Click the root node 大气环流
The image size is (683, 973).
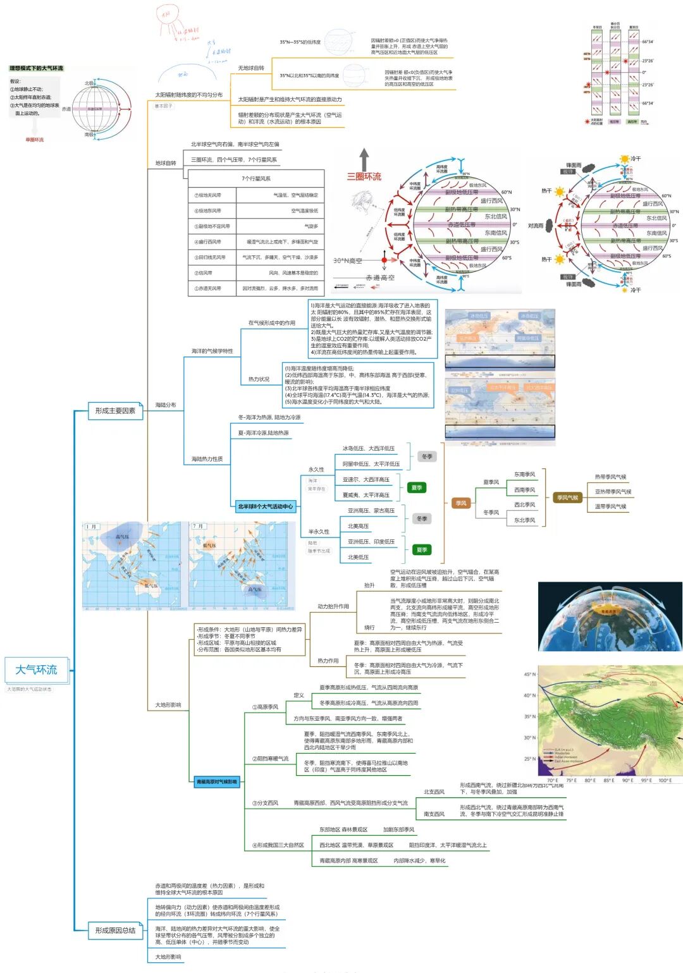[36, 670]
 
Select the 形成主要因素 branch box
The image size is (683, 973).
[115, 411]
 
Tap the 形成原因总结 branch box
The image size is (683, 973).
[115, 930]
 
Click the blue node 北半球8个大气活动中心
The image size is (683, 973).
[265, 506]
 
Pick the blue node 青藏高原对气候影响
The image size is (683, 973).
[216, 782]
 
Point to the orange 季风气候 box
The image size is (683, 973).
[567, 498]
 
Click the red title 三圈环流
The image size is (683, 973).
[364, 177]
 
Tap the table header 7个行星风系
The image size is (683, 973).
[255, 179]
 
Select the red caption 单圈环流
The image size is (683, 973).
[35, 140]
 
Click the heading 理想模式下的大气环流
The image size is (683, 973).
[36, 68]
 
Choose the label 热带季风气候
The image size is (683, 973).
[610, 477]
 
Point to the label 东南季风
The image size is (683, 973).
[524, 474]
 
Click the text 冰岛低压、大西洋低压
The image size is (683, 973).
[368, 448]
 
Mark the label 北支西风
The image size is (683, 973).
[434, 792]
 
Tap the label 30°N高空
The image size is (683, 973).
[348, 260]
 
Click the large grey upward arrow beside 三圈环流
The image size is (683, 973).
[364, 159]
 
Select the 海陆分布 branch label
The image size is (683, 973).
[166, 405]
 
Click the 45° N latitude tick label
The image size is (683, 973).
[529, 675]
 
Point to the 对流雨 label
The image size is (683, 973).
[536, 226]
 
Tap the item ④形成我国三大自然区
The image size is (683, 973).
[278, 845]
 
